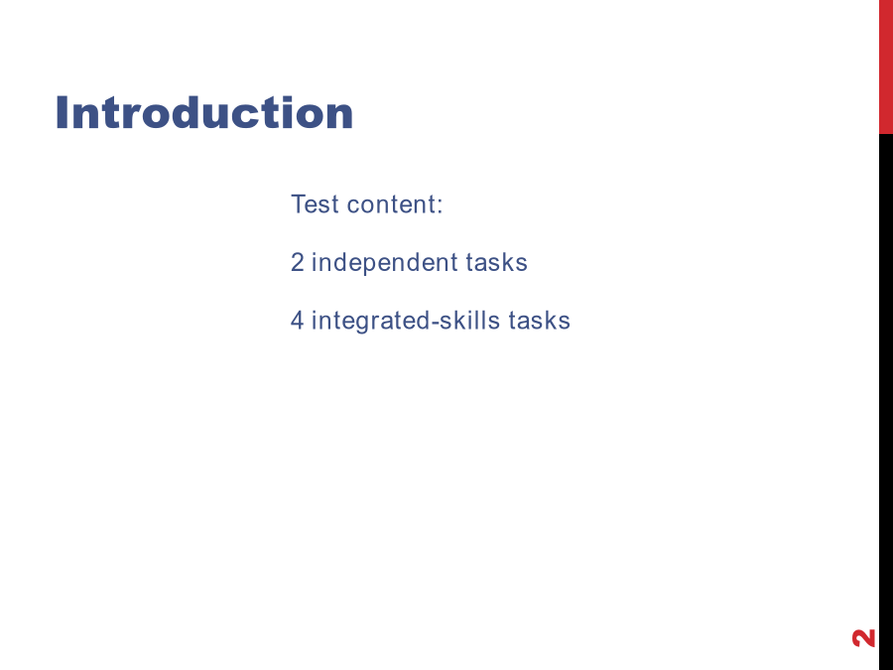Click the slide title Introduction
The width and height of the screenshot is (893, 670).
203,113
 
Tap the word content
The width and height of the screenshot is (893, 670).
391,204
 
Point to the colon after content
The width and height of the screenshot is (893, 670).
440,206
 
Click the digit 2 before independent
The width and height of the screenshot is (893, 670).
298,262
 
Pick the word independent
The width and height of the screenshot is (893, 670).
385,263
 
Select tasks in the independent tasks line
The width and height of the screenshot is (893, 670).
497,263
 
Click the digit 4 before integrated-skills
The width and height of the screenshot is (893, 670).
298,321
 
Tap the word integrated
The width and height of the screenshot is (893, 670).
371,322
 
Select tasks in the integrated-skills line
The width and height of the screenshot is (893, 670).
540,321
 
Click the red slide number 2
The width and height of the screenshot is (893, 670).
863,638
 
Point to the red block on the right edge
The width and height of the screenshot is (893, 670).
886,67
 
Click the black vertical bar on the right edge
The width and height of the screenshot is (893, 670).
886,402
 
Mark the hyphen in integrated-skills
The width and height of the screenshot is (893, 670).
436,323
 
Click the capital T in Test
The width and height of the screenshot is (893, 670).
299,203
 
